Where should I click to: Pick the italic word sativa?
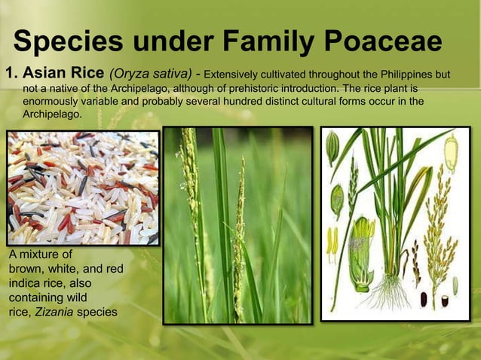coord(172,75)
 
